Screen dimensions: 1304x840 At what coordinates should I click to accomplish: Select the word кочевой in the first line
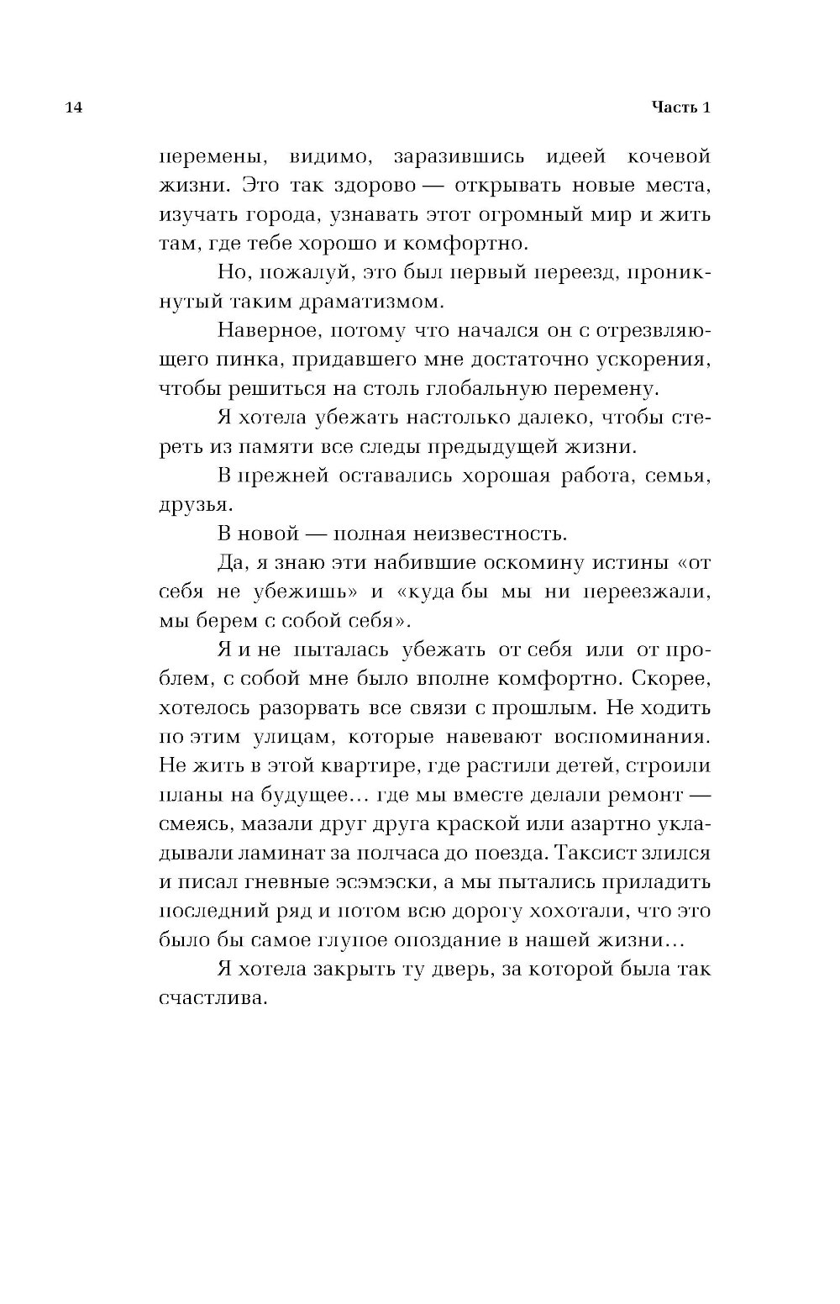point(669,156)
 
